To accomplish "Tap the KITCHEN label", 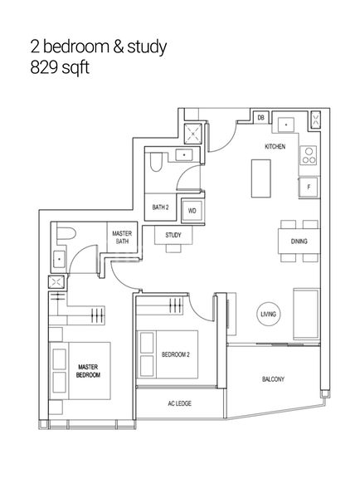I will tap(275, 146).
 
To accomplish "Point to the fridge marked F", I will tap(308, 188).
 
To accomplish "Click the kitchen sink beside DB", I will tap(287, 123).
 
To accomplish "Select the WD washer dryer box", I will tap(192, 212).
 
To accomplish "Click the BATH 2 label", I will tap(161, 207).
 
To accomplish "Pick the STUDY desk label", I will tap(173, 236).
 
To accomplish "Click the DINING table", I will tap(298, 242).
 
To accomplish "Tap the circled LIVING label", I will tap(269, 314).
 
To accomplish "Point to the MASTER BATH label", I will tap(122, 238).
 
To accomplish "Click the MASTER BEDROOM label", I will tap(89, 370).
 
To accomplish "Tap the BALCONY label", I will tap(273, 378).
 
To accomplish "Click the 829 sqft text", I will tap(59, 67).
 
